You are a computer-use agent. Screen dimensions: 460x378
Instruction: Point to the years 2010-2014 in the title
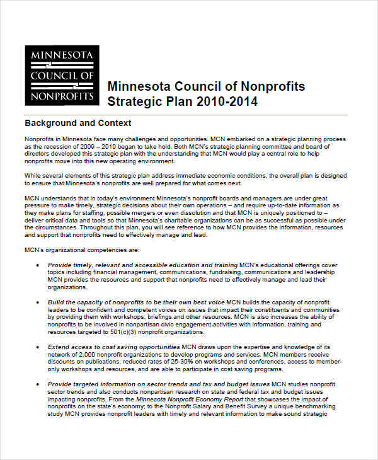(x=226, y=101)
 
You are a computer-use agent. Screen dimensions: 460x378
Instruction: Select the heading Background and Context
(x=77, y=123)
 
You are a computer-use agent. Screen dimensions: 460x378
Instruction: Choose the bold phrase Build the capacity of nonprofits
(x=98, y=302)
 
